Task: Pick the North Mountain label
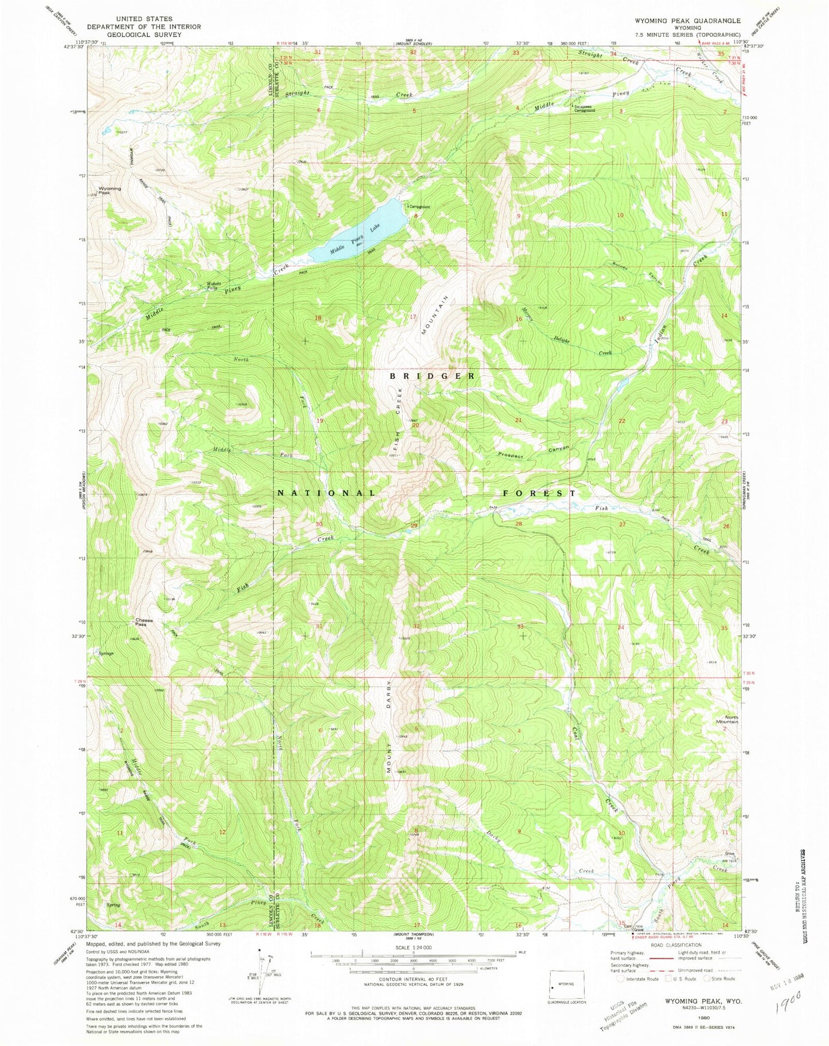pos(727,720)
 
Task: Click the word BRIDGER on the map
pos(433,376)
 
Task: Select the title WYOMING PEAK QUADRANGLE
pos(687,20)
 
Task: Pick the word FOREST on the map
pos(539,493)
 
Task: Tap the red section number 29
pos(413,526)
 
